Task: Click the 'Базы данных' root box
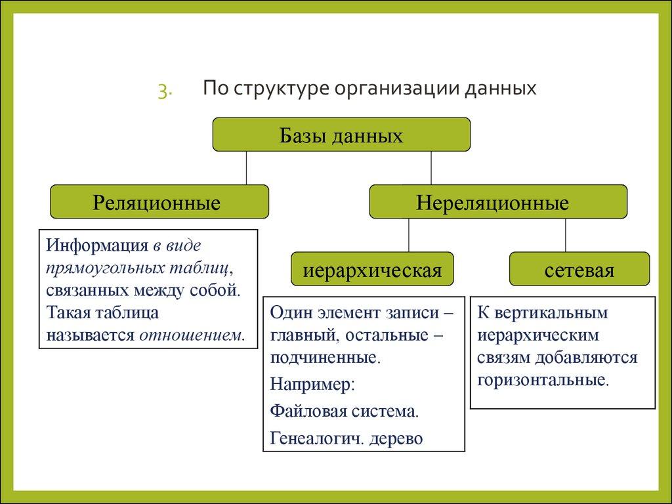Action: pyautogui.click(x=341, y=135)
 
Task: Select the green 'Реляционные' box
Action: pyautogui.click(x=159, y=201)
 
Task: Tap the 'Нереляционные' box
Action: pyautogui.click(x=498, y=201)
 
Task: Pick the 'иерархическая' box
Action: pyautogui.click(x=372, y=269)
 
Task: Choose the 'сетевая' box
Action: pyautogui.click(x=579, y=269)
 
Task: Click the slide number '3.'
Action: pyautogui.click(x=164, y=91)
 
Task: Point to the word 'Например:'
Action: pyautogui.click(x=312, y=384)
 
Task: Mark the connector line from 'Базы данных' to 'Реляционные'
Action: pyautogui.click(x=247, y=167)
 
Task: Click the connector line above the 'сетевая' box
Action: pyautogui.click(x=566, y=235)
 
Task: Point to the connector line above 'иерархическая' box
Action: pyautogui.click(x=409, y=235)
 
